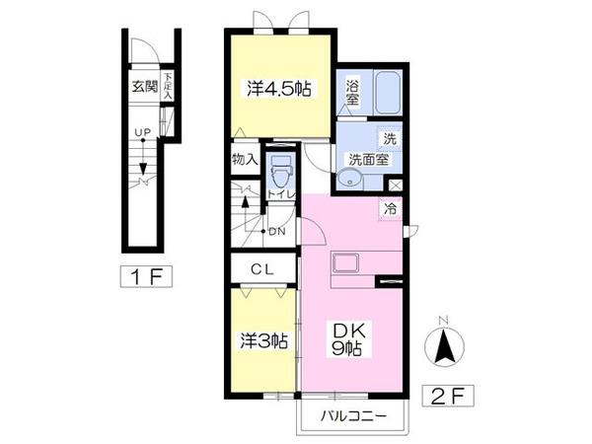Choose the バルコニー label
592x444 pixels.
(x=352, y=414)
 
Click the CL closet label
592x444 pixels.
(x=262, y=267)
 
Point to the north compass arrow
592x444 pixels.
(x=446, y=345)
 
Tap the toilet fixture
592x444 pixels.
(x=280, y=173)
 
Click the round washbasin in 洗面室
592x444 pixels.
(x=349, y=180)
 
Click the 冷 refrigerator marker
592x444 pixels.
(x=392, y=209)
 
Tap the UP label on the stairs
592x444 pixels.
(x=143, y=132)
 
